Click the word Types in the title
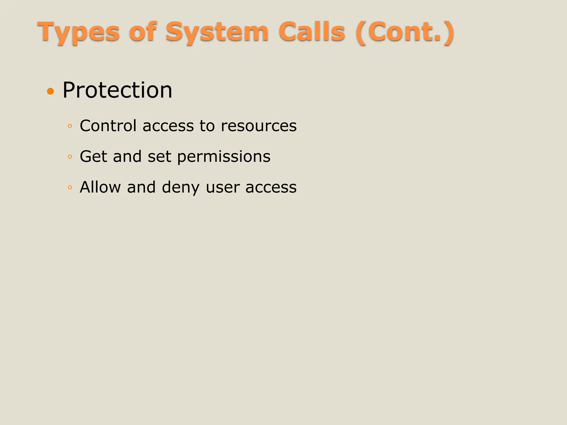pyautogui.click(x=79, y=33)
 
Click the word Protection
pyautogui.click(x=117, y=90)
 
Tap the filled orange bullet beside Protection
pyautogui.click(x=50, y=91)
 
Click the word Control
pyautogui.click(x=108, y=126)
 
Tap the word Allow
pyautogui.click(x=100, y=187)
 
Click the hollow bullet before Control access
pyautogui.click(x=70, y=126)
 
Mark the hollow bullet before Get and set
pyautogui.click(x=70, y=157)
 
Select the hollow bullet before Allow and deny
pyautogui.click(x=70, y=188)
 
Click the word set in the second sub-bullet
pyautogui.click(x=159, y=157)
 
